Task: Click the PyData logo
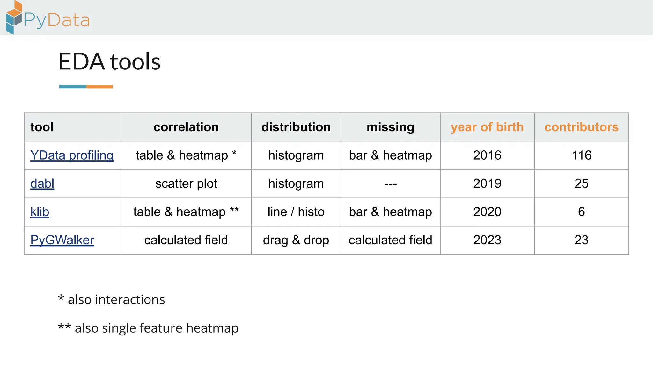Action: (48, 18)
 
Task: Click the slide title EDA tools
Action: (109, 61)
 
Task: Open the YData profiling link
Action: (72, 155)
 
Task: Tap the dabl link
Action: (42, 184)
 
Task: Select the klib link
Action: (40, 212)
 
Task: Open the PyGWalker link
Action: (62, 240)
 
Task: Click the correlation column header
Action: (186, 127)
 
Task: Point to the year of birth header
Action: (487, 127)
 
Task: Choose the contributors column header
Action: (581, 127)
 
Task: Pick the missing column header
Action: (390, 127)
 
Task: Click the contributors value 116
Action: (582, 155)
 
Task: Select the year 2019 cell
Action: (487, 184)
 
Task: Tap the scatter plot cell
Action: (186, 184)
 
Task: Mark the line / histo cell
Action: (296, 212)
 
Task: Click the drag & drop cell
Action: (296, 240)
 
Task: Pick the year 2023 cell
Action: (487, 240)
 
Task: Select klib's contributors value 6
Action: (582, 212)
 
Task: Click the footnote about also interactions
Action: (112, 299)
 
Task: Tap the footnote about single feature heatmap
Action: (148, 328)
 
